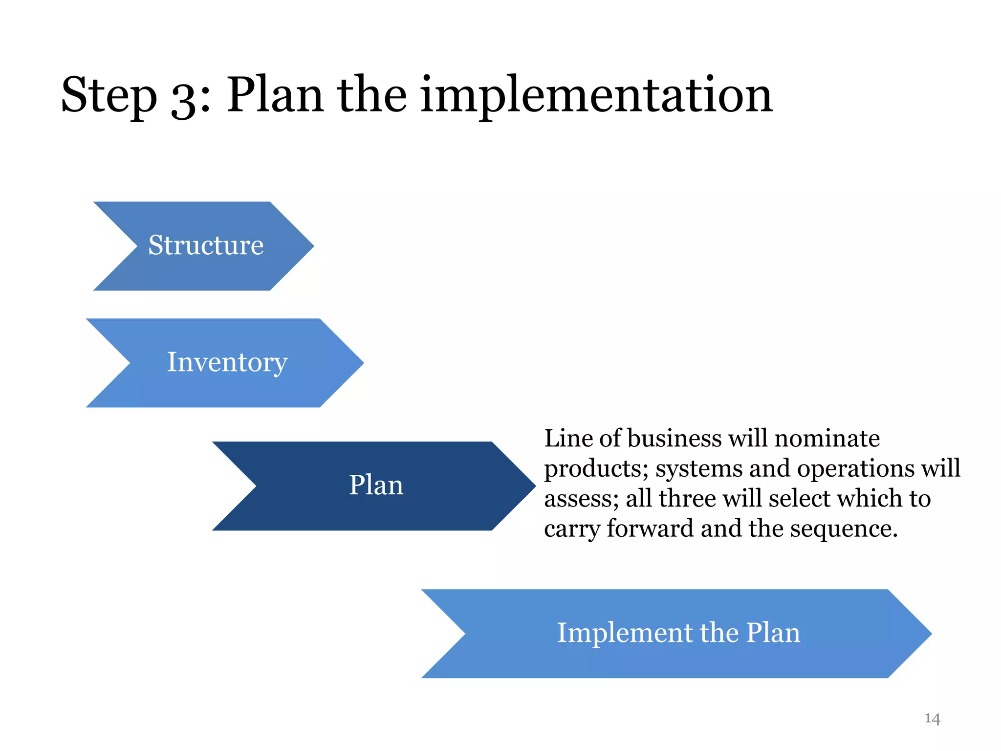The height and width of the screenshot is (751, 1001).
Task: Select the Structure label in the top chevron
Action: click(x=206, y=245)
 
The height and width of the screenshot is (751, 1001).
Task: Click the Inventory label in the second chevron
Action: click(x=227, y=362)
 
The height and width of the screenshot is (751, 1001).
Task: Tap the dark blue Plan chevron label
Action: click(x=376, y=486)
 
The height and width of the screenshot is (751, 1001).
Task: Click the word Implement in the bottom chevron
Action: click(x=623, y=633)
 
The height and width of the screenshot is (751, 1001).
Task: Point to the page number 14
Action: click(x=932, y=718)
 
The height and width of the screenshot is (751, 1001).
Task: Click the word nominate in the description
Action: click(x=827, y=438)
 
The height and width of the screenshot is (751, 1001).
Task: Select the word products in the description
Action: click(x=596, y=468)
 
